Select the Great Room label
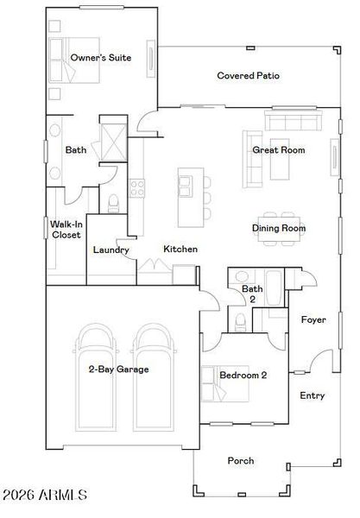pyautogui.click(x=278, y=150)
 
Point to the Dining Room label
pyautogui.click(x=279, y=228)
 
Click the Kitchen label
pyautogui.click(x=180, y=250)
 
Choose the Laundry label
pyautogui.click(x=111, y=250)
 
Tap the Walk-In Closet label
pyautogui.click(x=66, y=229)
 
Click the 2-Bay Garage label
pyautogui.click(x=118, y=369)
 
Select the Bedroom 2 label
pyautogui.click(x=243, y=375)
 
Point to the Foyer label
pyautogui.click(x=313, y=319)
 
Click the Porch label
pyautogui.click(x=241, y=460)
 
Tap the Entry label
pyautogui.click(x=312, y=395)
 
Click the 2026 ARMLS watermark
pyautogui.click(x=45, y=495)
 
